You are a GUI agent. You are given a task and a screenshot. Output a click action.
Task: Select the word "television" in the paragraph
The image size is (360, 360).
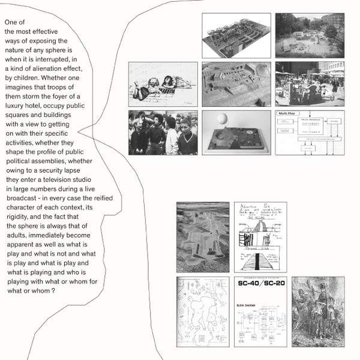(x=54, y=179)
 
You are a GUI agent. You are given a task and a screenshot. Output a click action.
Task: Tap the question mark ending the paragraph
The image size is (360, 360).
(x=53, y=290)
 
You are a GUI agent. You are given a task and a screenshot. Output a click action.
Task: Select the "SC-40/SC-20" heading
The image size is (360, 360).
(x=260, y=284)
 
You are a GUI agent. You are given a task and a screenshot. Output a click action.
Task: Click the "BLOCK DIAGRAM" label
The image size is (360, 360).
(x=247, y=305)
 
